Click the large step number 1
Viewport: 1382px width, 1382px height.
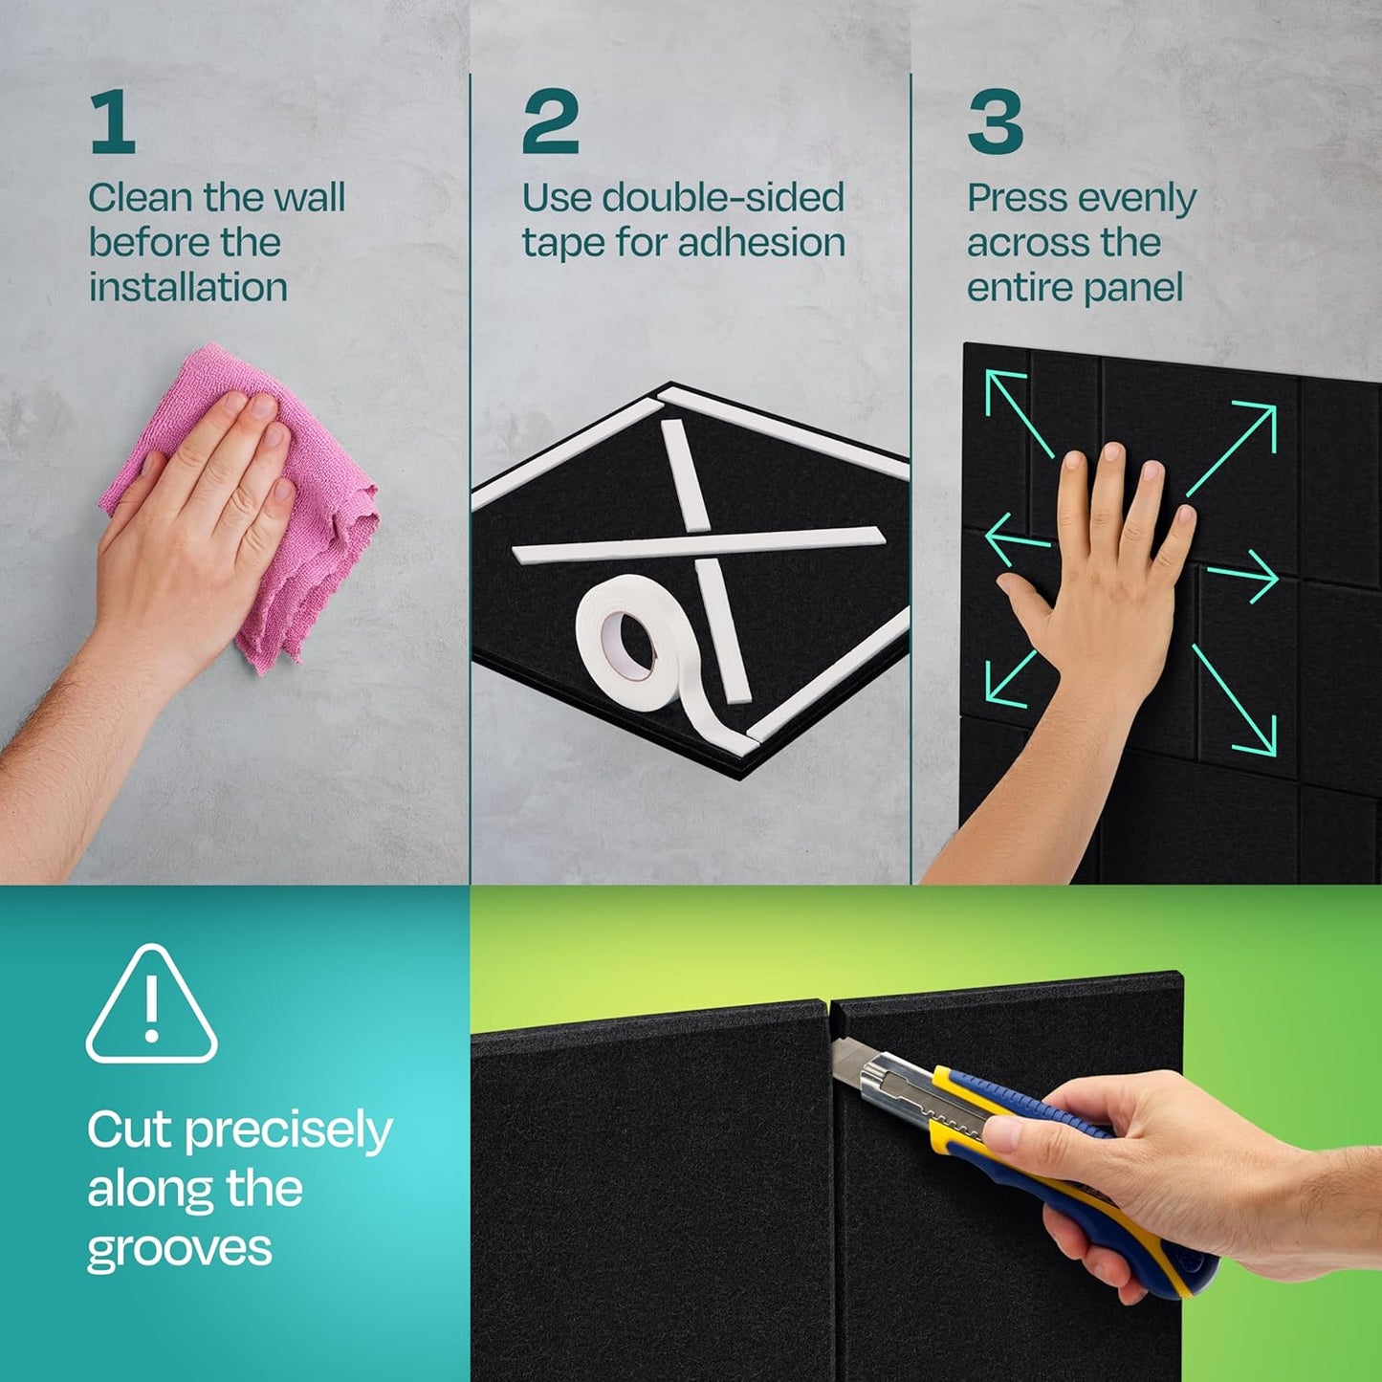[x=113, y=121]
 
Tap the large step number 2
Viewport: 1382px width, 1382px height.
[x=550, y=121]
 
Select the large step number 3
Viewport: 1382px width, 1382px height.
[x=995, y=121]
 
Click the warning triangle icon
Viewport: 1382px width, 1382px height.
[x=151, y=1007]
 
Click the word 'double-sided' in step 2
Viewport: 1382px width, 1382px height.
[x=723, y=198]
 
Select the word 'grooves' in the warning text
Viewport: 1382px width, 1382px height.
[x=180, y=1250]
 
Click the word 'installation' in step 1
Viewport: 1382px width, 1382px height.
[x=188, y=287]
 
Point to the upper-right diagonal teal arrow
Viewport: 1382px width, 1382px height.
[x=1234, y=448]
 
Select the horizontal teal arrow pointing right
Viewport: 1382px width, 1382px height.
[x=1243, y=577]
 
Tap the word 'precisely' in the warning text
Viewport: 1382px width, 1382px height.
[x=288, y=1131]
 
